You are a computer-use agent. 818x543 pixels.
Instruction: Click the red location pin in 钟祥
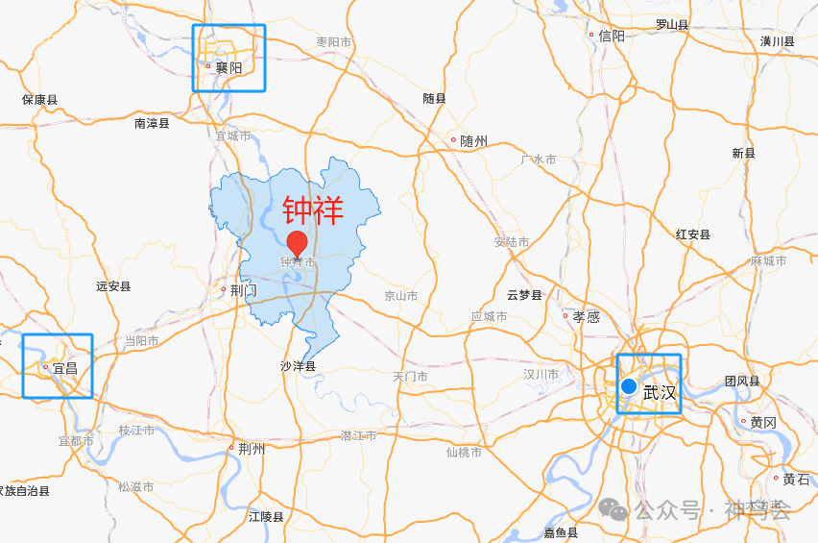tap(298, 243)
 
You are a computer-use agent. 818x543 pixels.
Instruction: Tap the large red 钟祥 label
tap(313, 210)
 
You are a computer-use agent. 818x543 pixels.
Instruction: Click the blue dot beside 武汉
tap(629, 386)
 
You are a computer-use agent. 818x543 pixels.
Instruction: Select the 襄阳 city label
tap(229, 68)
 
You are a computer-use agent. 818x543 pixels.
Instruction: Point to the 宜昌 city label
tap(64, 368)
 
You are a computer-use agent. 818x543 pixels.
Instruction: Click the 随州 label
tap(473, 141)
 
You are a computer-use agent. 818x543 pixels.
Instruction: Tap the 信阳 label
tap(612, 36)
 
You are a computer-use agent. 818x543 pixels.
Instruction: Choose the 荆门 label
tap(244, 289)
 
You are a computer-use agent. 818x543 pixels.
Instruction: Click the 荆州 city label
tap(251, 448)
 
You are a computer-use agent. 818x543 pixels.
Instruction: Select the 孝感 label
tap(586, 316)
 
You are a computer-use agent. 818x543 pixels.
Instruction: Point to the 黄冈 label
tap(763, 422)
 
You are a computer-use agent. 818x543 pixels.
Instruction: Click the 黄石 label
tap(796, 479)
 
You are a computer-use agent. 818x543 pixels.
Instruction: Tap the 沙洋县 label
tap(298, 366)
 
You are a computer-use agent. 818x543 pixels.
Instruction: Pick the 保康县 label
tap(40, 100)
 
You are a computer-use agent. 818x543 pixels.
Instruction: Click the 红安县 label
tap(692, 234)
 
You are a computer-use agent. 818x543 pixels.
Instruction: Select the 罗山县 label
tap(672, 25)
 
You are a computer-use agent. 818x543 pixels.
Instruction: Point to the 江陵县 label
tap(266, 517)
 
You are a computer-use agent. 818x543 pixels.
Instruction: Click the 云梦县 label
tap(524, 295)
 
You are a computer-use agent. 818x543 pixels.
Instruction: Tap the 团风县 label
tap(742, 382)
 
